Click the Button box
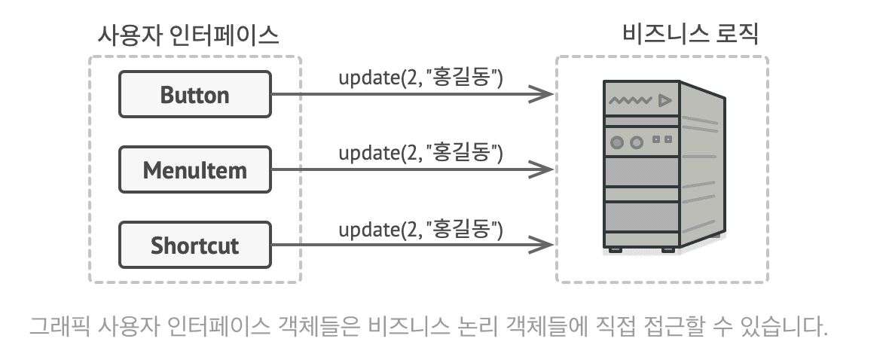[x=195, y=94]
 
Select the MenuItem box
[x=195, y=169]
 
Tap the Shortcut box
[x=195, y=245]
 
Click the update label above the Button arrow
[x=420, y=77]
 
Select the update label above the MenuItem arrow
[x=420, y=152]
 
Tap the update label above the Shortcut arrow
[x=420, y=227]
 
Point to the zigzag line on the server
[x=631, y=100]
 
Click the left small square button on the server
[x=655, y=139]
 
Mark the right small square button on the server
[x=668, y=139]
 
